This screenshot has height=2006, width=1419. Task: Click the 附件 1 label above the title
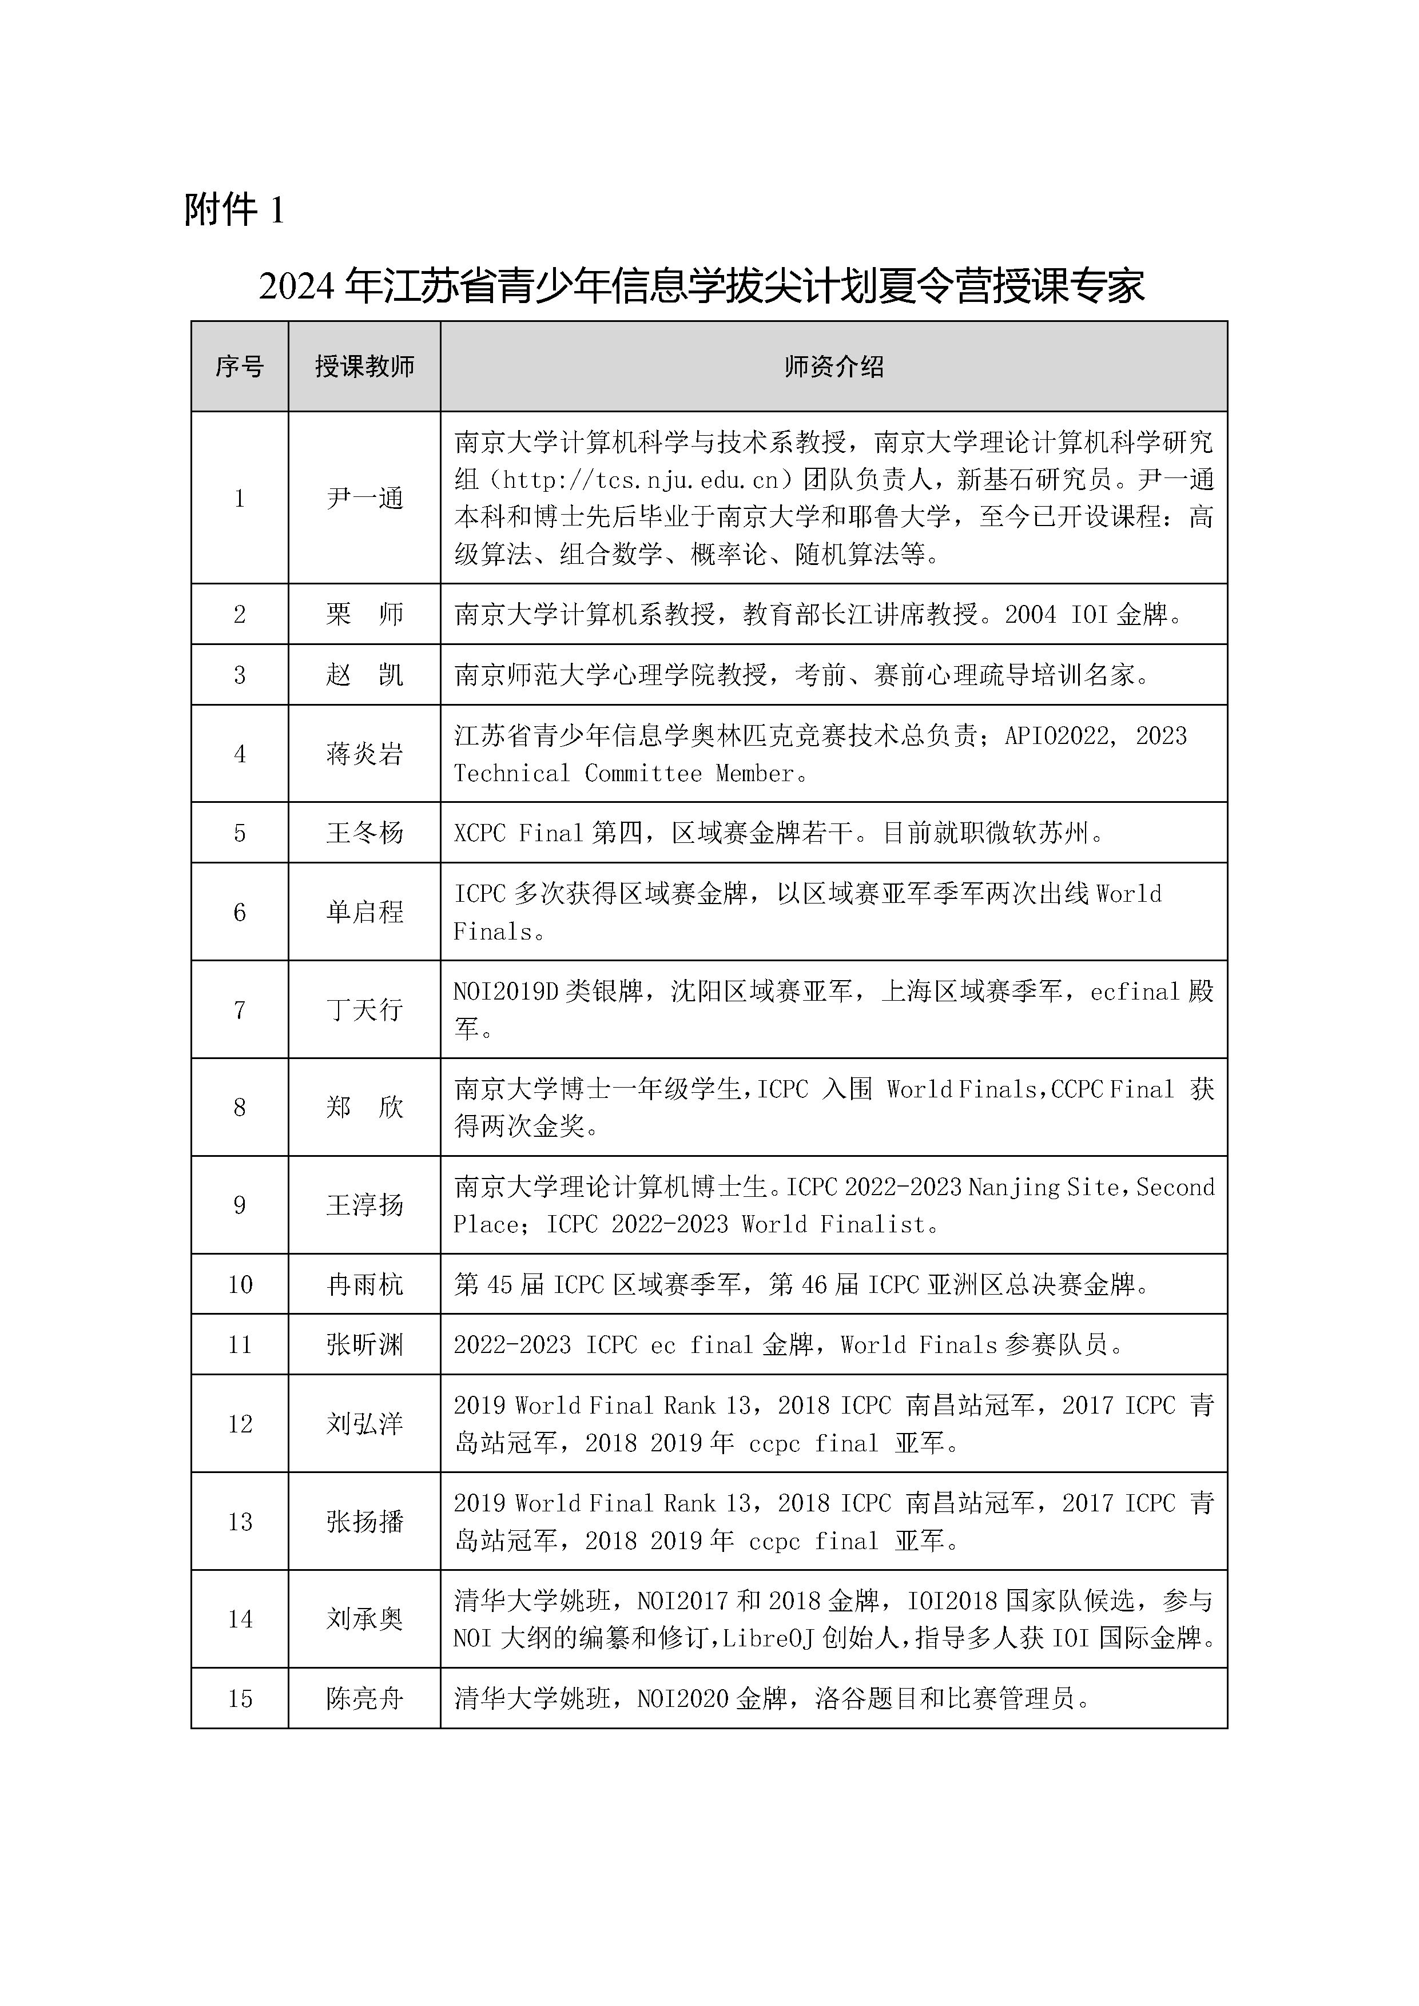(x=234, y=210)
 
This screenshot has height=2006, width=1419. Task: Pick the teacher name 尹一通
(x=364, y=498)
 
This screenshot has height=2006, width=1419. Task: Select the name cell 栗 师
(x=364, y=614)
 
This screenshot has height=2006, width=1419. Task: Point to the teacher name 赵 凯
(x=364, y=675)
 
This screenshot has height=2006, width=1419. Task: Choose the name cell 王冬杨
(x=364, y=833)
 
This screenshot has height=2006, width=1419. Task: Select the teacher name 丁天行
(x=364, y=1010)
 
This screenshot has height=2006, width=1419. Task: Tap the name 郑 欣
(x=364, y=1107)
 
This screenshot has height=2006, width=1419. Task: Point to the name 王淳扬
(x=364, y=1205)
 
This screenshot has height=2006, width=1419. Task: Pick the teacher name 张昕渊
(x=364, y=1344)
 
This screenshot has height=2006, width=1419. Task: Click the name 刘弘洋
(x=364, y=1424)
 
